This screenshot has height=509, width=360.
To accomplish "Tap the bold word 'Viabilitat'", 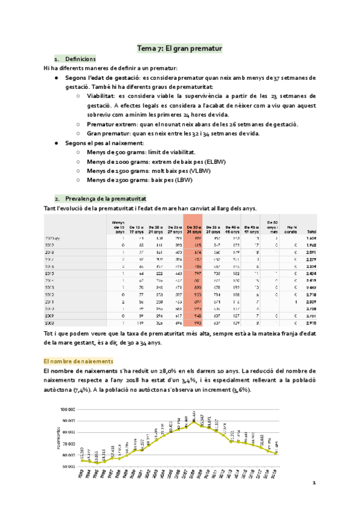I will pos(101,95).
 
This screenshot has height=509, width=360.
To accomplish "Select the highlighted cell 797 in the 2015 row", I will pos(194,273).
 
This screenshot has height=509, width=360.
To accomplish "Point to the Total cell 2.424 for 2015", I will pos(311,273).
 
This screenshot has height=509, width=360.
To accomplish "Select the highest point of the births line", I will pos(194,421).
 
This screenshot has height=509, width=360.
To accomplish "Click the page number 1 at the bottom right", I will pos(313,483).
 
